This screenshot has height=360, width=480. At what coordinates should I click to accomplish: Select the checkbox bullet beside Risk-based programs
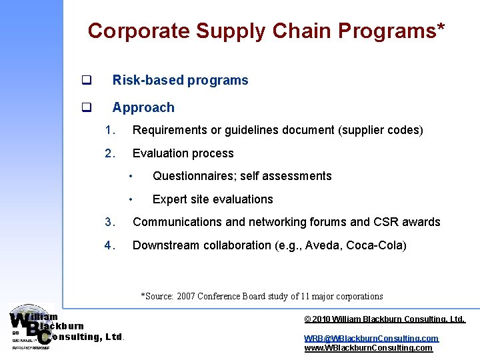[x=86, y=81]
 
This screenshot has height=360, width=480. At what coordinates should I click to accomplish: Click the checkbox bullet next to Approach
[x=86, y=108]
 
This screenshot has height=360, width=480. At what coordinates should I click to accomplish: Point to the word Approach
[x=143, y=108]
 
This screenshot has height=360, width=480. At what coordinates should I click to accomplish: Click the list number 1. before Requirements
[x=110, y=130]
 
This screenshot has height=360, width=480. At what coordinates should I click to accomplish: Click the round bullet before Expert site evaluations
[x=132, y=199]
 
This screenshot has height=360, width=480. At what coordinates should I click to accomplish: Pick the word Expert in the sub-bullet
[x=169, y=199]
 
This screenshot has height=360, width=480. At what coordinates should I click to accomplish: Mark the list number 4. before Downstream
[x=110, y=245]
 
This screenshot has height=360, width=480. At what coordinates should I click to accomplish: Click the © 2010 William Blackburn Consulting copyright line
[x=385, y=319]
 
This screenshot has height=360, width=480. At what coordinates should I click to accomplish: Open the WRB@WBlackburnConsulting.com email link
[x=371, y=338]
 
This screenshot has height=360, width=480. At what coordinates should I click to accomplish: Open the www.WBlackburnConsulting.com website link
[x=368, y=347]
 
